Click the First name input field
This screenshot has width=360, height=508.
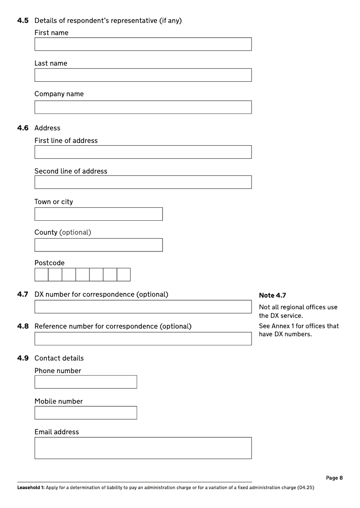point(143,44)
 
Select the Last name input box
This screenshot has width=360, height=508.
point(143,75)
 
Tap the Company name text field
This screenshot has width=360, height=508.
point(143,107)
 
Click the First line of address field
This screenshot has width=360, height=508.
point(143,152)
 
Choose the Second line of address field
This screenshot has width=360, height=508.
point(143,182)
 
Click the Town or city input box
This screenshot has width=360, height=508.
point(98,214)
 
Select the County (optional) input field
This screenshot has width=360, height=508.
point(98,245)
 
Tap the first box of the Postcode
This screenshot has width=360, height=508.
point(41,275)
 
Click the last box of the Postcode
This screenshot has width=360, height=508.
point(124,275)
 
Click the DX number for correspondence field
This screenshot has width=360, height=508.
point(143,307)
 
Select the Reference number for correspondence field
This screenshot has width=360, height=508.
point(143,339)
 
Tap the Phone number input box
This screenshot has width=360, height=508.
point(85,382)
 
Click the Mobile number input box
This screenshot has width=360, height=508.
point(85,413)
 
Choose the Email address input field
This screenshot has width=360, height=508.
point(143,448)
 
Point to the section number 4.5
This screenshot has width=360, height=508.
point(23,21)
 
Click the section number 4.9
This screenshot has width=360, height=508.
point(23,358)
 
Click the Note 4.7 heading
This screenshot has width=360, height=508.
point(272,295)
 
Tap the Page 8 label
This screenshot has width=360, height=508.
point(334,478)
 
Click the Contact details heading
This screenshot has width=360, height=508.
point(59,358)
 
